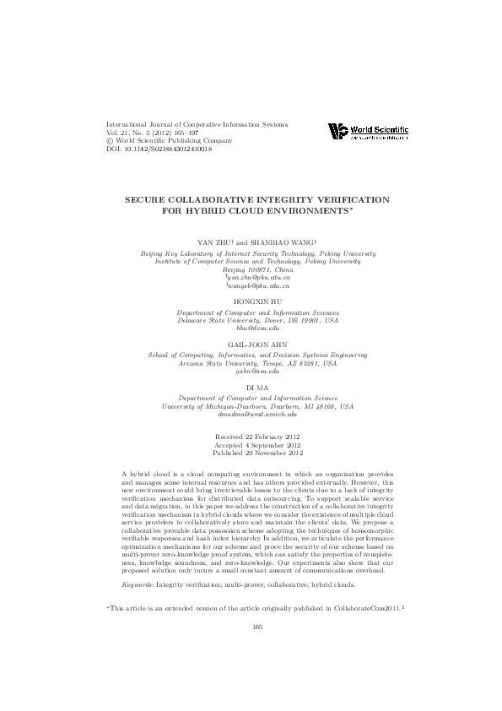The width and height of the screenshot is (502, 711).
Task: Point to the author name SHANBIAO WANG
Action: pyautogui.click(x=283, y=241)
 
